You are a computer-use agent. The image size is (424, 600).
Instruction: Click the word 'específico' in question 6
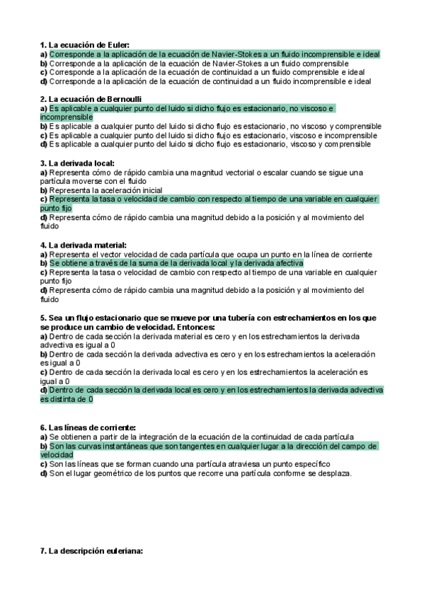[308, 464]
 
